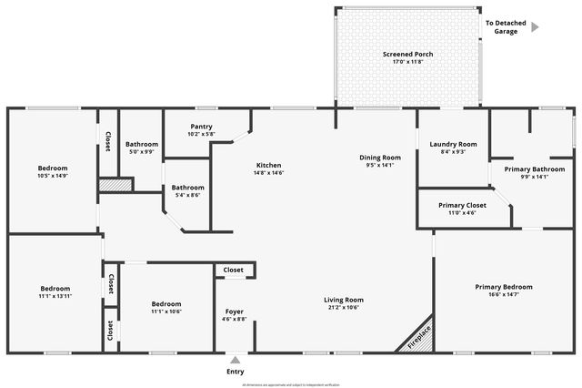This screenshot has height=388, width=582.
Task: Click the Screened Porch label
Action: pos(407,54)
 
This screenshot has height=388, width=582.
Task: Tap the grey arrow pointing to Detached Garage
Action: pos(535,27)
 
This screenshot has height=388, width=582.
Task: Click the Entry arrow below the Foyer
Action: pos(235,360)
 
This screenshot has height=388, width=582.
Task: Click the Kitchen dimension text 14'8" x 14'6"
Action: pos(268,173)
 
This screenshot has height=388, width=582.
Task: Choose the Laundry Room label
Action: pos(453,144)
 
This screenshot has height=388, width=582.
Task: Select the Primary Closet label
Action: pos(462,205)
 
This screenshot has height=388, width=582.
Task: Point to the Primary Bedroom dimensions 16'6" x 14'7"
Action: pos(504,295)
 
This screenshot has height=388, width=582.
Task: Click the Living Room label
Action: pos(344,300)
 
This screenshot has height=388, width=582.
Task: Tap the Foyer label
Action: pos(234,311)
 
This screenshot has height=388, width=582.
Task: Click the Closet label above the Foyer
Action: pos(234,271)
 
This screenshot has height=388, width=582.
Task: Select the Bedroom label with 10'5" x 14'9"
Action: pos(53,168)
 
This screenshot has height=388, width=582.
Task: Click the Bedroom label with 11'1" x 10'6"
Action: pos(166,303)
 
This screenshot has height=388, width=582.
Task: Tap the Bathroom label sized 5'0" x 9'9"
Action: pos(142,144)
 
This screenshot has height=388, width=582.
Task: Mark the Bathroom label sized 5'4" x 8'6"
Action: pos(187,187)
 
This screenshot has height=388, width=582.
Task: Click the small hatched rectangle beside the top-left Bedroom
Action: pos(115,185)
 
